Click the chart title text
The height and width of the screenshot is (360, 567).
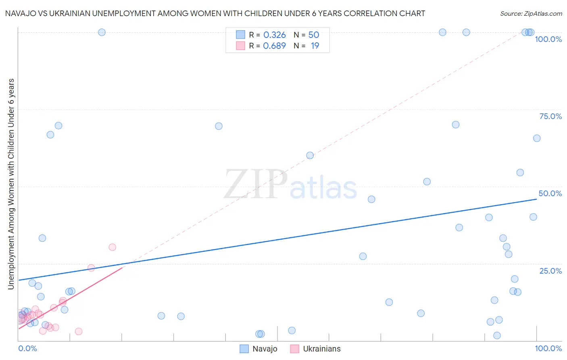(x=215, y=13)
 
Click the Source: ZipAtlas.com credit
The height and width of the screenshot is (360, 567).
(x=531, y=13)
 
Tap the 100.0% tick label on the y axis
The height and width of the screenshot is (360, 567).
(x=548, y=39)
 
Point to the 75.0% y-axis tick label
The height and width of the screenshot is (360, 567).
(x=550, y=116)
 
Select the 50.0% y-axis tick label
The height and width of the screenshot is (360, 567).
(x=550, y=193)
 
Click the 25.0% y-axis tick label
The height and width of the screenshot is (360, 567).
(x=550, y=270)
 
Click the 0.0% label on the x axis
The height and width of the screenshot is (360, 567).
(x=27, y=348)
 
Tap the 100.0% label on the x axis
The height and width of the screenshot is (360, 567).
(x=548, y=348)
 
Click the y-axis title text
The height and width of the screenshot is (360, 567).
(x=11, y=184)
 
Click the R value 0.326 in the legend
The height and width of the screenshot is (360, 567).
(x=274, y=35)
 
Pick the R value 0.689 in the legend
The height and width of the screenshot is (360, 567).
(x=274, y=46)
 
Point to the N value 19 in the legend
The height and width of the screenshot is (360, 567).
(x=315, y=46)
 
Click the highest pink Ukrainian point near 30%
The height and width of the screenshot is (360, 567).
(x=112, y=247)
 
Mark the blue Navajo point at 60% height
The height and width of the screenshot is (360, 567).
(x=310, y=155)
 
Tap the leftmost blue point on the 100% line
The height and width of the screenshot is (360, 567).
(x=102, y=32)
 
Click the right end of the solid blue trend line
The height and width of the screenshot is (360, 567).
(x=536, y=199)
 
